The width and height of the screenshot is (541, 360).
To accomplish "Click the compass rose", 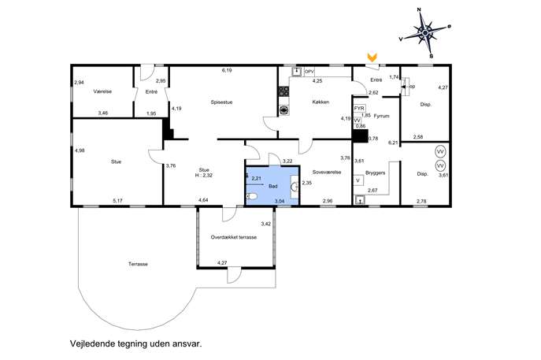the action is tap(425, 33).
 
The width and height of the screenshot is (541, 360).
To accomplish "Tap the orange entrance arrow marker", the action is tap(372, 57).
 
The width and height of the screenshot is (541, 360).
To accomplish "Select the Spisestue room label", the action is tap(222, 102).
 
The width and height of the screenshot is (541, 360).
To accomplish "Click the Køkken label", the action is tap(321, 102).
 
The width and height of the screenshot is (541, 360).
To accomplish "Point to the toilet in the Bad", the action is tap(252, 197).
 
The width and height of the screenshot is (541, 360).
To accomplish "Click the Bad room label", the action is tap(273, 187).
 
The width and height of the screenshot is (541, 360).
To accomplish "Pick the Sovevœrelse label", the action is tap(327, 172).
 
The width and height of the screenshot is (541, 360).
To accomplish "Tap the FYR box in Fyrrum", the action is tap(359, 109).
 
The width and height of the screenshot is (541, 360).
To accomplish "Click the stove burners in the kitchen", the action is tap(284, 91).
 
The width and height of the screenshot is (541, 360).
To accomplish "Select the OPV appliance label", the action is tap(309, 72).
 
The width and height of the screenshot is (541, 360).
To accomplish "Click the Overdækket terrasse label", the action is tap(234, 237).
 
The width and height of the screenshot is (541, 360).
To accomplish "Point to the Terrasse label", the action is tap(138, 264).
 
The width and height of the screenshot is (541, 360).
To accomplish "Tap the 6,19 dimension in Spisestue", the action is tap(227, 70).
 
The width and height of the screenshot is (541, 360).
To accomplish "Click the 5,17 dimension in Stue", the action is tap(117, 201).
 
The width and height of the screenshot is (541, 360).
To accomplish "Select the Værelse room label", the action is tap(102, 91).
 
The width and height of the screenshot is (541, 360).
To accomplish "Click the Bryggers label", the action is tap(375, 173).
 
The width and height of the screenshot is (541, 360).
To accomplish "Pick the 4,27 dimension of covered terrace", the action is tap(222, 263).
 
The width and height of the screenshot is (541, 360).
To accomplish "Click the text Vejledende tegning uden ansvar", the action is tap(136, 343).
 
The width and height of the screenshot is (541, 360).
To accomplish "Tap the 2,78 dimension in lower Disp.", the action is tap(421, 201).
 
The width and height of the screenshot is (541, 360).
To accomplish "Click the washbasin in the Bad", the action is tap(295, 187).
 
